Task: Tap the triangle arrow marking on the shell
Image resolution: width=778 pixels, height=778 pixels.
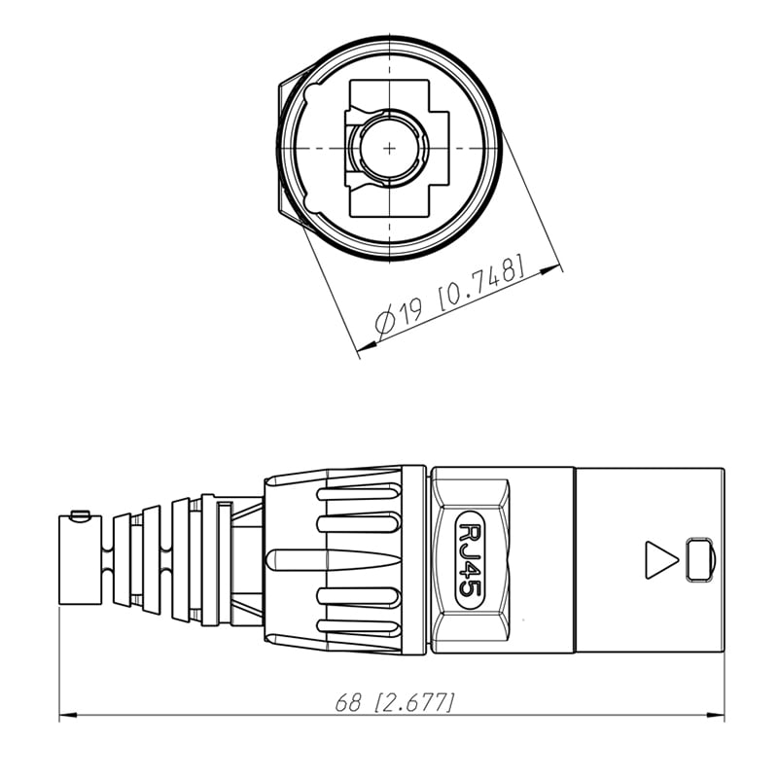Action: pos(660,560)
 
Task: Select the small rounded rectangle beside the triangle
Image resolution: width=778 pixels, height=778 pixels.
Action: pos(699,560)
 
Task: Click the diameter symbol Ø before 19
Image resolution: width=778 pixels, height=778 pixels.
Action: pos(385,320)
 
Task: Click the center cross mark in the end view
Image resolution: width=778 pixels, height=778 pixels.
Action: pos(390,148)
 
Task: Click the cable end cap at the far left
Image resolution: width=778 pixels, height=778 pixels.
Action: pos(80,558)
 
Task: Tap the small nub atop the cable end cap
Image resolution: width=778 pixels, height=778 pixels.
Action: pos(81,513)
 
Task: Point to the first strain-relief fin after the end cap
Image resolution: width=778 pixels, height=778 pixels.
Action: pos(122,559)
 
